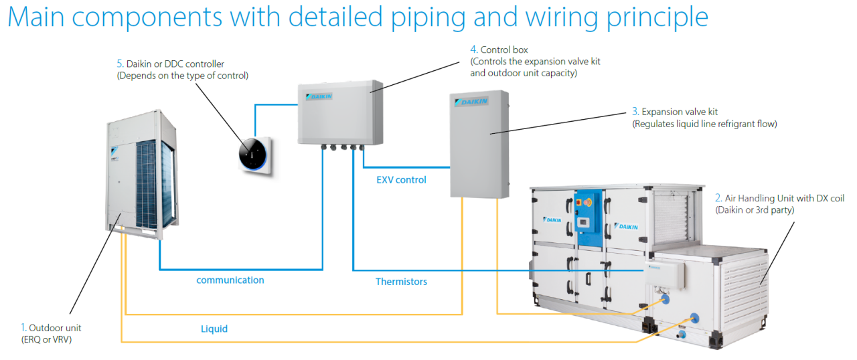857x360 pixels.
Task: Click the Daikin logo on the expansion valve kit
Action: [x=472, y=102]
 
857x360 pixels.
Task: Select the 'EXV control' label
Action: [x=401, y=180]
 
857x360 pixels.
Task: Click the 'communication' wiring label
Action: [x=230, y=280]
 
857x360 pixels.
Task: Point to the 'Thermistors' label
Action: [x=401, y=282]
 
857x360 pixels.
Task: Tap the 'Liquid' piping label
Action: [x=214, y=329]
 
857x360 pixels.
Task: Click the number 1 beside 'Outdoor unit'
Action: [x=23, y=328]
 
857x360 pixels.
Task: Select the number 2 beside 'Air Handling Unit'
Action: [x=718, y=199]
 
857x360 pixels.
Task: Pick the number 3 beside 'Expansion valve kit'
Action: [x=635, y=112]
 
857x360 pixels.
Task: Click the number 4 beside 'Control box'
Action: [x=473, y=50]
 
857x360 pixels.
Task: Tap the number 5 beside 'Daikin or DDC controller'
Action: [x=120, y=64]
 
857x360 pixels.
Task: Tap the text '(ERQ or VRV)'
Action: [x=46, y=339]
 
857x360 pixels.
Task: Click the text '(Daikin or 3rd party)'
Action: [x=754, y=210]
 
